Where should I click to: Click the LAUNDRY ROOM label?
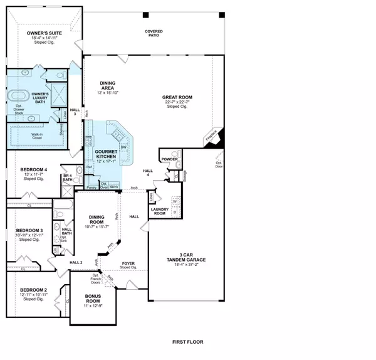[161, 211]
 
